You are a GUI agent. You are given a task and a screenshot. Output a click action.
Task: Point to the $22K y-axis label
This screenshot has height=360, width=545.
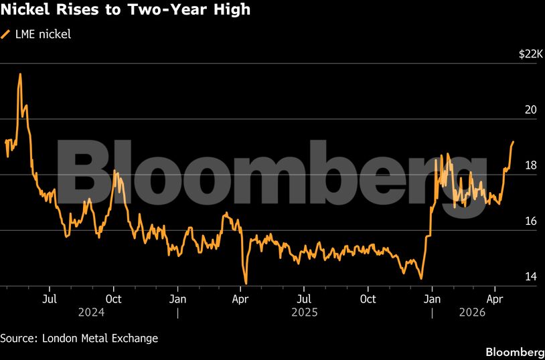[530, 55]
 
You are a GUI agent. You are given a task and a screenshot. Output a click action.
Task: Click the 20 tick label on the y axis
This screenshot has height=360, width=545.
[531, 110]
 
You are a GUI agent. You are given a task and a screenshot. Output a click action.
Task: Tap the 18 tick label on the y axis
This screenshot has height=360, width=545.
[531, 166]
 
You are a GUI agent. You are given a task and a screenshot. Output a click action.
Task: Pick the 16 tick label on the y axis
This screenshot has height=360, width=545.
[531, 221]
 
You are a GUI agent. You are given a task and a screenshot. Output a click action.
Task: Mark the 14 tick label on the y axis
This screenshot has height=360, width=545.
[531, 277]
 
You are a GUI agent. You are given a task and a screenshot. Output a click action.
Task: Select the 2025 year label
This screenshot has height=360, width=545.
[305, 312]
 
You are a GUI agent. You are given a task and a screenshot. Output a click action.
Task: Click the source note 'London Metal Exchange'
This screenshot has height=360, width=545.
[100, 338]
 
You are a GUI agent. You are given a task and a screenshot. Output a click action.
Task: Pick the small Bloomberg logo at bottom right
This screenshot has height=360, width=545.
[514, 351]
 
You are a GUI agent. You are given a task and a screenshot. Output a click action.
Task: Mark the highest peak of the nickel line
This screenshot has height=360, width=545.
[20, 74]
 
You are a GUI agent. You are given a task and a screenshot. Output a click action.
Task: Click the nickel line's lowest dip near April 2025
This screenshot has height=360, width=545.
[246, 283]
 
